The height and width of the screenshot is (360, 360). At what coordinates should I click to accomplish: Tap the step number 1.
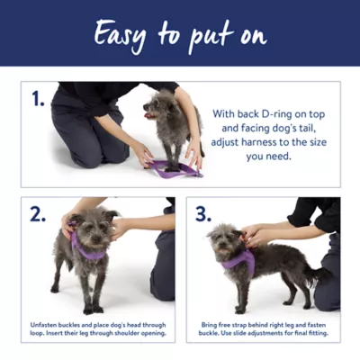tap(37, 100)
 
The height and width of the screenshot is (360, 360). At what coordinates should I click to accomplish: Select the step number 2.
tap(37, 214)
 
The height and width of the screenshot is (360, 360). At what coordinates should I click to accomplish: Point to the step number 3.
tap(203, 214)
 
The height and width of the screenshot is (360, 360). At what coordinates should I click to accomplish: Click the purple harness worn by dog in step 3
tap(238, 261)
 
